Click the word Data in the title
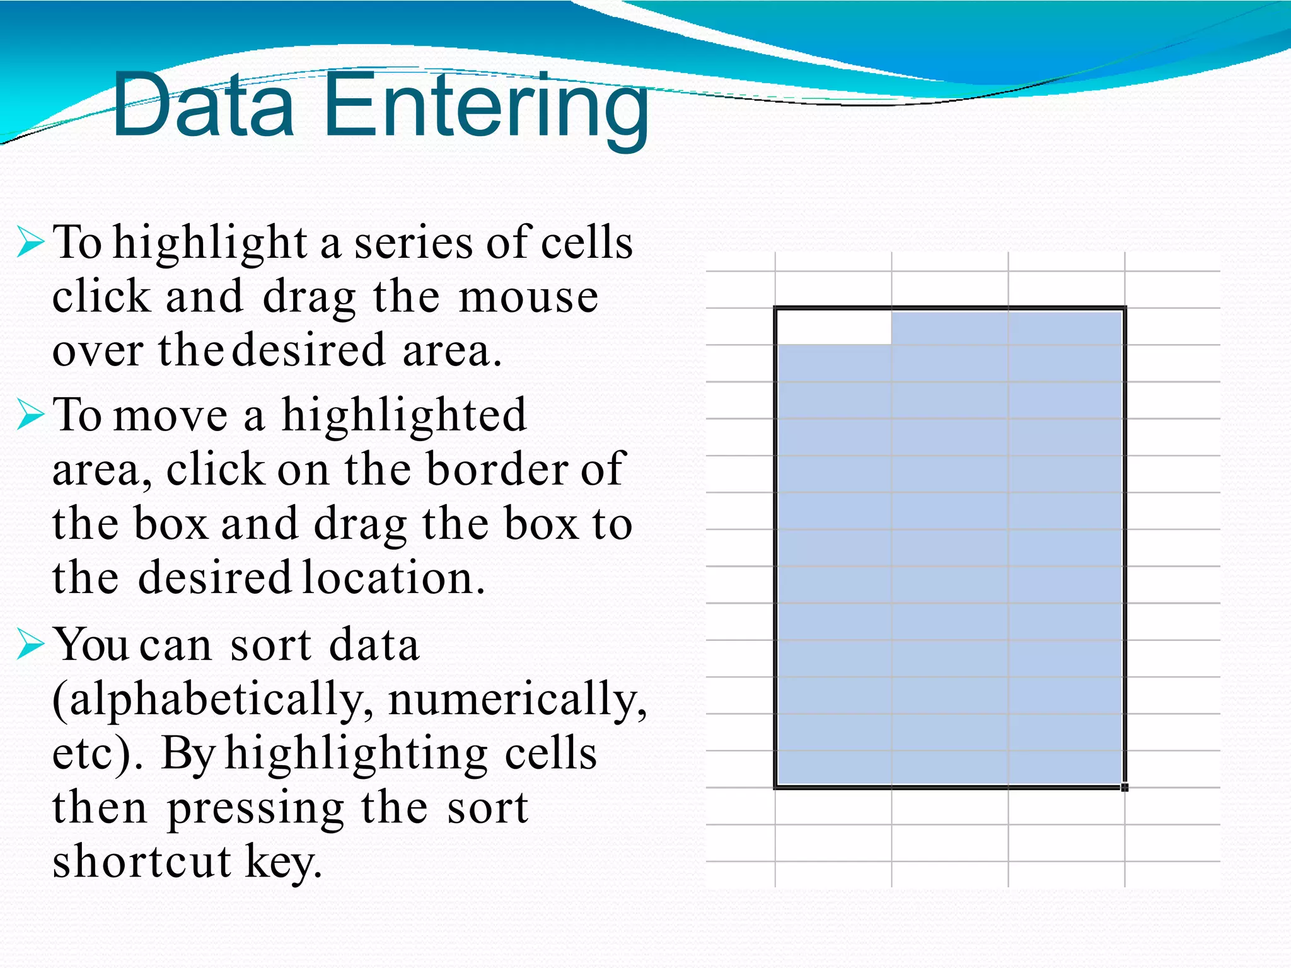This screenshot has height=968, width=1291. click(x=203, y=105)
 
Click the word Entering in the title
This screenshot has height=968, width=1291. click(x=487, y=107)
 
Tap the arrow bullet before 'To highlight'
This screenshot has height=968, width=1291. click(x=30, y=243)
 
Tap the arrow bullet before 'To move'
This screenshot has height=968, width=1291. click(x=30, y=415)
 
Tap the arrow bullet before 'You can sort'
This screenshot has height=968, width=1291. click(x=30, y=645)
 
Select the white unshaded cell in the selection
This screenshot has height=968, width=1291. click(x=833, y=327)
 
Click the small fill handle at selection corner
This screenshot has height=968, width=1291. click(x=1125, y=787)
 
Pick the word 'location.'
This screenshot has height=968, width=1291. click(x=394, y=578)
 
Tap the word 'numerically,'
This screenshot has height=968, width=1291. click(x=518, y=700)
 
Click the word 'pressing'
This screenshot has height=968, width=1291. click(x=255, y=809)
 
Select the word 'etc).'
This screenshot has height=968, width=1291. click(x=98, y=754)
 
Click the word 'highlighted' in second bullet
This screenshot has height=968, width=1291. click(x=403, y=415)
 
